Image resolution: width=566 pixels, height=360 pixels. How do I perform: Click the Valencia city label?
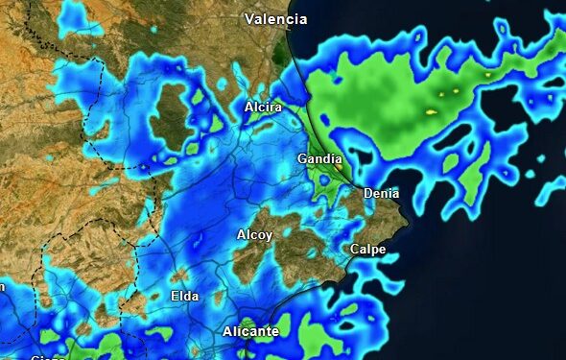(275, 19)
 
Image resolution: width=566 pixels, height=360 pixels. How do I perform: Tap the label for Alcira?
(263, 108)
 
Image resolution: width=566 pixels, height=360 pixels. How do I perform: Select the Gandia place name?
(318, 158)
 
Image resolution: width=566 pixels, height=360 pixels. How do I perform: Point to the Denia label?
(381, 194)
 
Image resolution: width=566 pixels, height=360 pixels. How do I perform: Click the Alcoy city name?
(254, 235)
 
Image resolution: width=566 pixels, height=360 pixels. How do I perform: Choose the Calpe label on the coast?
(367, 250)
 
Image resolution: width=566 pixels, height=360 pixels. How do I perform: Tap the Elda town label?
(184, 297)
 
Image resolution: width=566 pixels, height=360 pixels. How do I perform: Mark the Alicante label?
(250, 332)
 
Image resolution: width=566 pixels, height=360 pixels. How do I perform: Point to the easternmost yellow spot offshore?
(488, 74)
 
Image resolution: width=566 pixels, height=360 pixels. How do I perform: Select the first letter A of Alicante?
(227, 332)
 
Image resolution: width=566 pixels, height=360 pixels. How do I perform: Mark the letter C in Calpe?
(354, 250)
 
